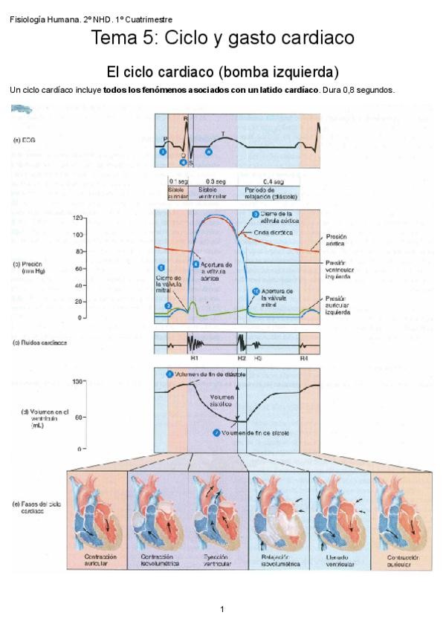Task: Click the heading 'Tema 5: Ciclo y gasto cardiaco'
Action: point(222,39)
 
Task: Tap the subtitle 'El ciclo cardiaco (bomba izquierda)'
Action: point(222,72)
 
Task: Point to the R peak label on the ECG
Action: point(186,118)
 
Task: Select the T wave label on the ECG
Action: point(224,133)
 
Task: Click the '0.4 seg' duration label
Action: point(273,181)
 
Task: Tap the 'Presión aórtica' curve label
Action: point(336,239)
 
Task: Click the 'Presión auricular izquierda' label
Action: point(340,305)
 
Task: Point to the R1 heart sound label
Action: point(194,358)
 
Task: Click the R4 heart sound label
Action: point(304,358)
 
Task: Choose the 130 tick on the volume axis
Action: point(77,381)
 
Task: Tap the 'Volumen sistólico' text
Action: point(222,402)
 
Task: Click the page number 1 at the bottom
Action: point(222,609)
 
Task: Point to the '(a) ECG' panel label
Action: point(24,139)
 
